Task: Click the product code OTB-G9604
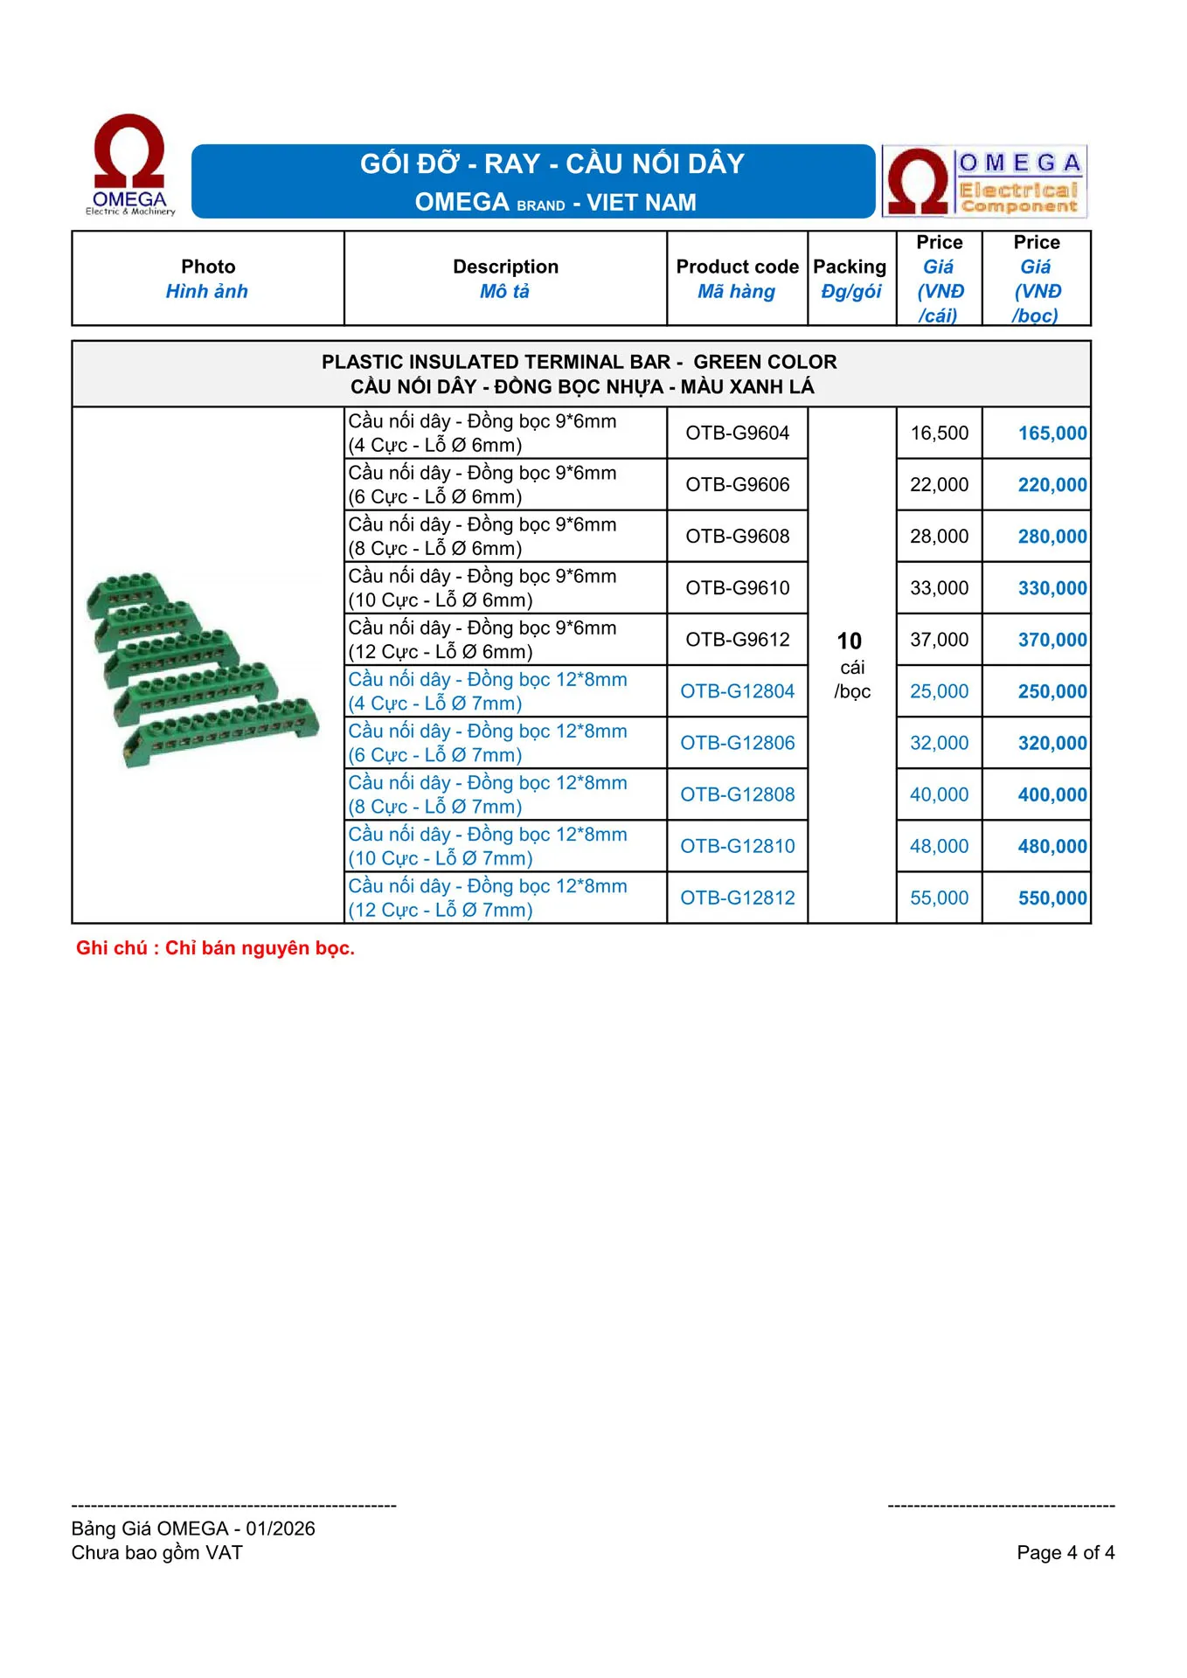737,433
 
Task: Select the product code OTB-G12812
737,898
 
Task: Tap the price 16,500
939,433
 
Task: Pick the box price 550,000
1052,898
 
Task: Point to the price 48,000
939,846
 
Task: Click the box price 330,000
1052,588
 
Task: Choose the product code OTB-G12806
737,743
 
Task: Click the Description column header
505,278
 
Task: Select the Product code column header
737,278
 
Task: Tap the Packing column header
850,278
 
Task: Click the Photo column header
208,278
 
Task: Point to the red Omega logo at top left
129,164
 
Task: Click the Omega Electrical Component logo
984,181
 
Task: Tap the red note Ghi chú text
215,948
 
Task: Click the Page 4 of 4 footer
1065,1552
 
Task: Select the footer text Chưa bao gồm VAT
157,1552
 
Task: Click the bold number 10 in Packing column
849,641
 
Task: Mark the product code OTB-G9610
737,588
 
